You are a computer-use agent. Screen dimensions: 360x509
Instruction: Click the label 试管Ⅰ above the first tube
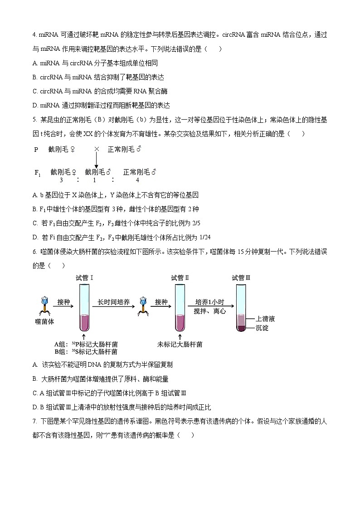(85, 278)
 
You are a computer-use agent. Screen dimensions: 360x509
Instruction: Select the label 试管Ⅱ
(180, 278)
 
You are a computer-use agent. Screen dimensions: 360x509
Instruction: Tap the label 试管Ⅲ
(241, 278)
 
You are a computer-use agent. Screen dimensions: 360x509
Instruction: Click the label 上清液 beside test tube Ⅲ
(265, 319)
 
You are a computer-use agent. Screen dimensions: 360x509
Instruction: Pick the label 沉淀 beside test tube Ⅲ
(262, 327)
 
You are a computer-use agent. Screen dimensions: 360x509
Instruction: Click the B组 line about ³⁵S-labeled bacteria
(86, 351)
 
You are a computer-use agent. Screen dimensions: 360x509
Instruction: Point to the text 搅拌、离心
(210, 311)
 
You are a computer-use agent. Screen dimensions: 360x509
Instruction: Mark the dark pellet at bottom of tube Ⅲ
(241, 328)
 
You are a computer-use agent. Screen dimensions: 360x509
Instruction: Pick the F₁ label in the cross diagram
(38, 173)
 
